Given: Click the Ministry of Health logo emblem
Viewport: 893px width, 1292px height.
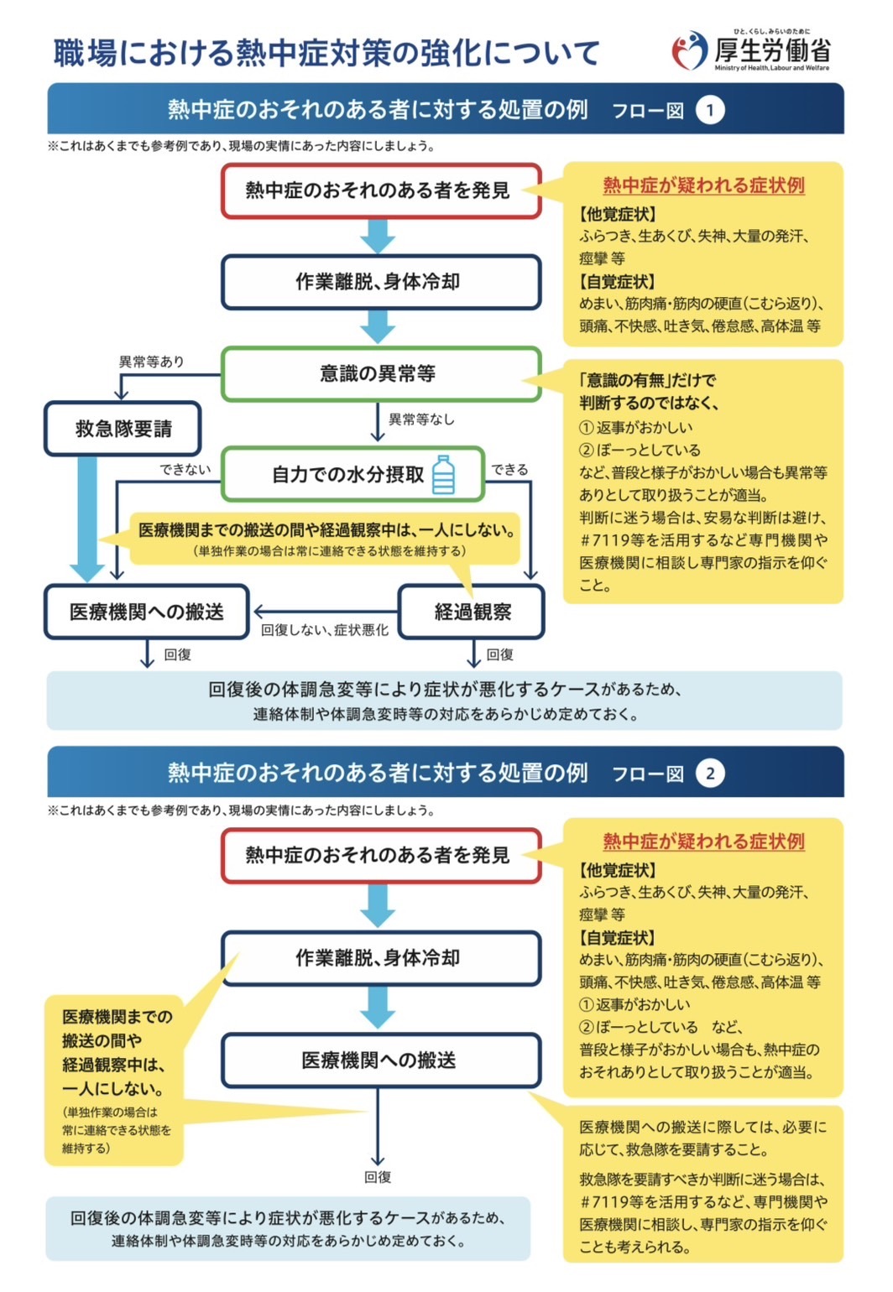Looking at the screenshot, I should tap(690, 51).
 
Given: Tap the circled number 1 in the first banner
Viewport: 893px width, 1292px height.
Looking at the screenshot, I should tap(710, 110).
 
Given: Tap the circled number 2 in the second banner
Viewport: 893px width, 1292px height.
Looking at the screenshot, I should tap(710, 773).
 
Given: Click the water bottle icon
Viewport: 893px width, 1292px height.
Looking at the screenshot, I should tap(443, 475).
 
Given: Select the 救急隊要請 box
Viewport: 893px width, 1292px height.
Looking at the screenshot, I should tap(123, 429).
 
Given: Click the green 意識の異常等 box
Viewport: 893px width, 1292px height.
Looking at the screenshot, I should tap(380, 373).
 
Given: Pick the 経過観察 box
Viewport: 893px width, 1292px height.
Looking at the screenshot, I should tap(472, 612).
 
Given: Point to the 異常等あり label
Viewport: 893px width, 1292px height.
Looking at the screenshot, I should tap(151, 362).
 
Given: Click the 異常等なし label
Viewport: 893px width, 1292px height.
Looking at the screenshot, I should tap(421, 419).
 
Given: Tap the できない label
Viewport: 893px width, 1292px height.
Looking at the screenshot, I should tap(185, 469).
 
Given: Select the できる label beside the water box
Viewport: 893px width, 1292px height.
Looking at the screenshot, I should tap(510, 469).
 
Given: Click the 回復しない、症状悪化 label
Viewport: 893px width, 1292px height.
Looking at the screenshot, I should tap(324, 630).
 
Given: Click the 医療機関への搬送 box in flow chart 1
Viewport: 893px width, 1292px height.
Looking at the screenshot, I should tap(147, 612).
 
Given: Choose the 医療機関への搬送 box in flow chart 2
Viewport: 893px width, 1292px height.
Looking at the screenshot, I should tap(380, 1060).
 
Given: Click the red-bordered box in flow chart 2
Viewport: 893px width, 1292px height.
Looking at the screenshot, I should tap(380, 855).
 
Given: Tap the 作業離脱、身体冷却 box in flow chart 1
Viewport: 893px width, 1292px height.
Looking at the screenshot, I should tap(380, 282).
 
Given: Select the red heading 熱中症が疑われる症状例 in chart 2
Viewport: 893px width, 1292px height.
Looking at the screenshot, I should tap(703, 841).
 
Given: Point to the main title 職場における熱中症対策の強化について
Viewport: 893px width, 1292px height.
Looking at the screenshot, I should tap(326, 53).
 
